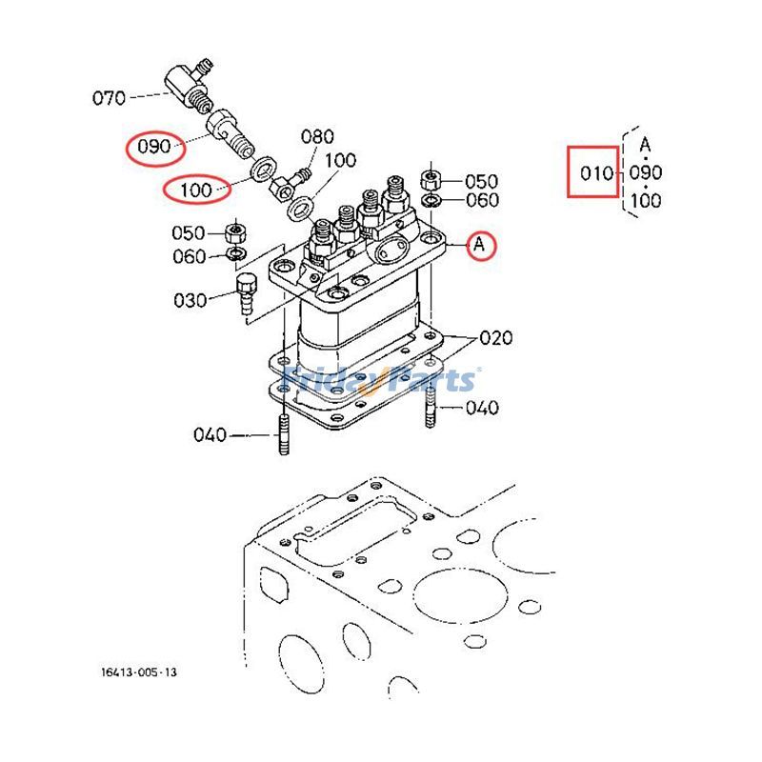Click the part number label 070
click(108, 96)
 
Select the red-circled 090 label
click(153, 147)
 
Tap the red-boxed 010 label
click(593, 172)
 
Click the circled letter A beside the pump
click(480, 246)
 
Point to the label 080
click(318, 136)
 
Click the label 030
click(189, 300)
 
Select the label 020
click(495, 337)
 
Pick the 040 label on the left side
click(210, 435)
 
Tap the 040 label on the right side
click(482, 408)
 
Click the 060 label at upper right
click(482, 200)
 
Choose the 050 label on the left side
click(189, 233)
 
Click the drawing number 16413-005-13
click(138, 672)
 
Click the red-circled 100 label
click(195, 190)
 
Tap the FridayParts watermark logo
click(381, 379)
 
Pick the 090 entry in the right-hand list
click(646, 172)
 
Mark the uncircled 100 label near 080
click(341, 161)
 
